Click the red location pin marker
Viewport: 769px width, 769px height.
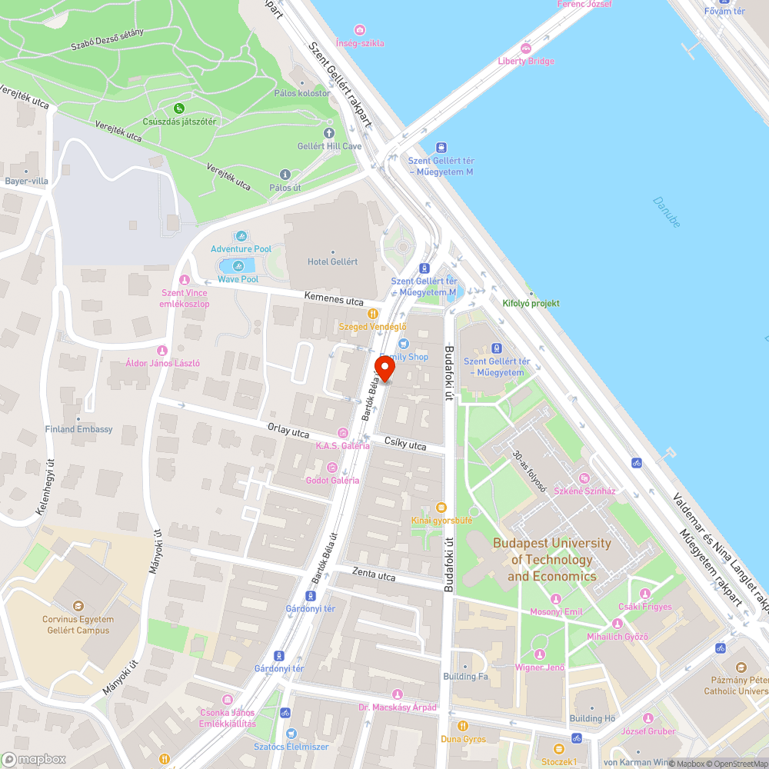tap(384, 368)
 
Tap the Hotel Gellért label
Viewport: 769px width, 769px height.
tap(332, 261)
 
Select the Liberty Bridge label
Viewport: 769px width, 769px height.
tap(526, 62)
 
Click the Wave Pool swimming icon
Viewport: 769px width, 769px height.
tap(238, 266)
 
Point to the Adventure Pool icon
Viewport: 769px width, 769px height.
tap(241, 236)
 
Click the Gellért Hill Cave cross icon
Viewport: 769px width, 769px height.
tap(330, 133)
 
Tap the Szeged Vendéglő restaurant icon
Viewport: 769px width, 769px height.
tap(373, 314)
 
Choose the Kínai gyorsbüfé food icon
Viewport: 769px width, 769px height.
tap(441, 507)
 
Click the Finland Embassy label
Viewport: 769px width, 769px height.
tap(78, 429)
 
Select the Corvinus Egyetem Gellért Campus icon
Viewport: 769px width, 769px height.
tap(77, 607)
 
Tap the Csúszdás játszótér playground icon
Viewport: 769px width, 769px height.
tap(179, 108)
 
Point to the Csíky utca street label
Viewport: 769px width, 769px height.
tap(405, 444)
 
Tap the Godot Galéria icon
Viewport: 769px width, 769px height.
tap(332, 467)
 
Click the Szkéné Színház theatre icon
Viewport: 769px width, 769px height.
tap(584, 478)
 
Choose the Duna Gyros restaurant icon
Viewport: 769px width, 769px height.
tap(463, 726)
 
